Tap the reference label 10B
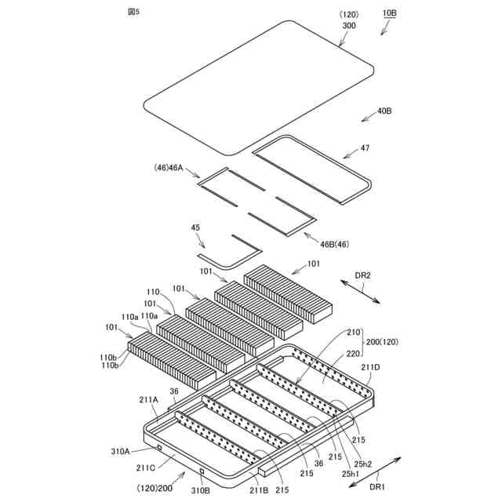coord(390,14)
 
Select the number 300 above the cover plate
coord(347,25)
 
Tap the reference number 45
coord(195,227)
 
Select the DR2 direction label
coord(362,275)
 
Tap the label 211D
coord(369,366)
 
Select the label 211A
coord(149,399)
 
